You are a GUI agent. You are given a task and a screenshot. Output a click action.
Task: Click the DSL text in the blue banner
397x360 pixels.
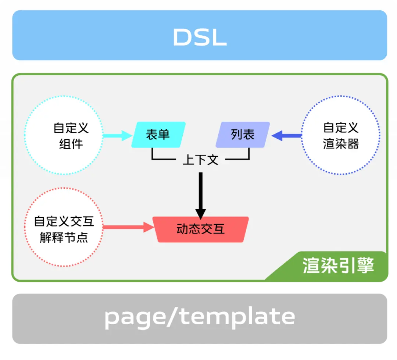pyautogui.click(x=200, y=37)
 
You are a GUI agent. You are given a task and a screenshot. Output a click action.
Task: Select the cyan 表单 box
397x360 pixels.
pyautogui.click(x=158, y=135)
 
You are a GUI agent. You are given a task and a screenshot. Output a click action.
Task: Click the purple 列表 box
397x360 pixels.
pyautogui.click(x=243, y=135)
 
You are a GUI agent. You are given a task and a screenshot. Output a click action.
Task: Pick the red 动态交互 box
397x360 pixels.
pyautogui.click(x=201, y=229)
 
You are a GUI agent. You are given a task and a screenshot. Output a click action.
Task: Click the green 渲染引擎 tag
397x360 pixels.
pyautogui.click(x=338, y=266)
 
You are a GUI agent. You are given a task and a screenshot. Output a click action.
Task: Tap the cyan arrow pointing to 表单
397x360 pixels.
pyautogui.click(x=117, y=136)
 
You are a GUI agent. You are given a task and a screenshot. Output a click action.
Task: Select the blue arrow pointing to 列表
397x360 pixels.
pyautogui.click(x=287, y=136)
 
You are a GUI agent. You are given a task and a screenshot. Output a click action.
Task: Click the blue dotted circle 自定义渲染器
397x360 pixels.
pyautogui.click(x=340, y=135)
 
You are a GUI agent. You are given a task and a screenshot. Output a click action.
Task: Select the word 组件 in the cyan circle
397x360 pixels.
pyautogui.click(x=71, y=144)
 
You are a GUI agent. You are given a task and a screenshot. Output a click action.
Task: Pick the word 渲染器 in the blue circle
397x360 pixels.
pyautogui.click(x=341, y=144)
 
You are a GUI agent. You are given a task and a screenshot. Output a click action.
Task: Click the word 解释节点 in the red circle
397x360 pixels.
pyautogui.click(x=64, y=237)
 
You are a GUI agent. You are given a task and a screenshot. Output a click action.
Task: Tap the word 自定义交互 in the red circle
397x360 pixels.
pyautogui.click(x=64, y=221)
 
